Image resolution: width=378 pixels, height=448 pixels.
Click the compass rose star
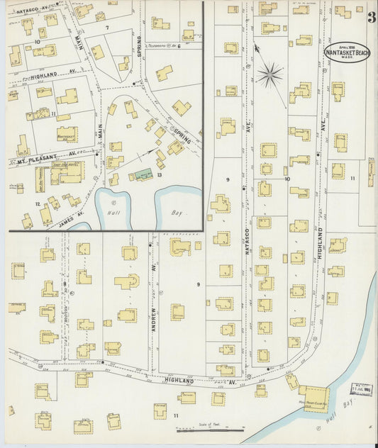[x=269, y=74]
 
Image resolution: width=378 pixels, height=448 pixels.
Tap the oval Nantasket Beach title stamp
[x=346, y=52]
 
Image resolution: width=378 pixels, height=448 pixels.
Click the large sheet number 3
[x=371, y=18]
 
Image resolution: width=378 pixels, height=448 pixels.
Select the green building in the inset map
[x=144, y=173]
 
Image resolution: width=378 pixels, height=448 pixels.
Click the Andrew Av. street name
[x=153, y=313]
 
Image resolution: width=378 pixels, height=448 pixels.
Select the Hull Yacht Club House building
[x=313, y=398]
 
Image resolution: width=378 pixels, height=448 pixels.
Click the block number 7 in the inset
[x=107, y=28]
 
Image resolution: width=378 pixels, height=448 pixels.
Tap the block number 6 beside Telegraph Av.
[x=180, y=47]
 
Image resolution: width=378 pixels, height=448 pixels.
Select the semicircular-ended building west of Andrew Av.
[x=126, y=281]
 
